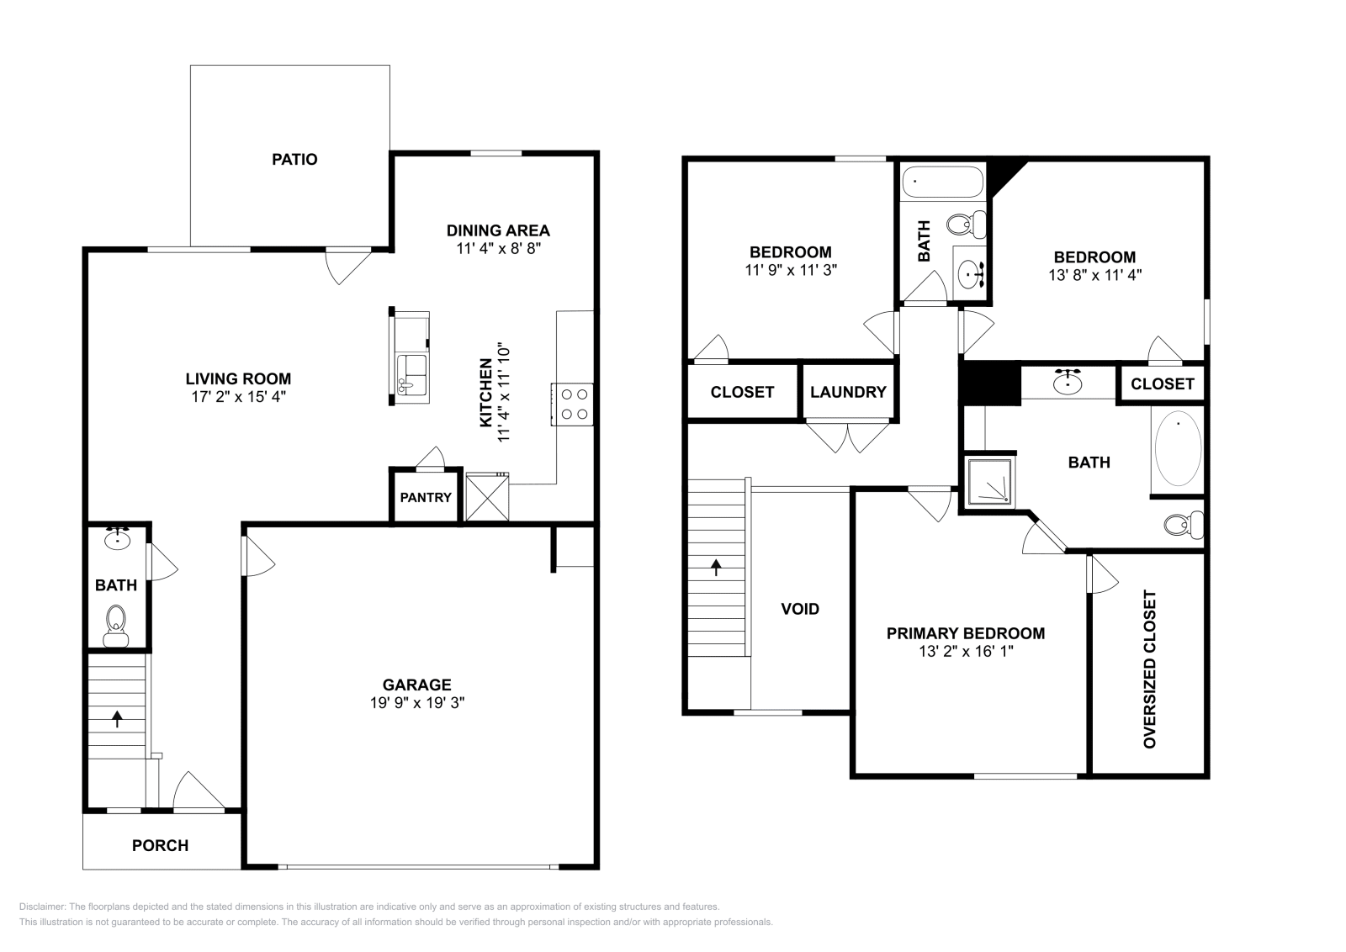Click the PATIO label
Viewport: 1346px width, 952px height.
tap(294, 159)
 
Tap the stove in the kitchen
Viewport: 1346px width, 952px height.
tap(573, 404)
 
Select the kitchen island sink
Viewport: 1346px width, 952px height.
tap(413, 374)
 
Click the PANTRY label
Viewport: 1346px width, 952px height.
tap(426, 497)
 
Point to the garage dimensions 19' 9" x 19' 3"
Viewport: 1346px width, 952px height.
tap(417, 703)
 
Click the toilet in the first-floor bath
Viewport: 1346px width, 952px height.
tap(116, 627)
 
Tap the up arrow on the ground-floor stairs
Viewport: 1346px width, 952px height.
tap(117, 718)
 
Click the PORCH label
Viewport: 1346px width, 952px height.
tap(160, 845)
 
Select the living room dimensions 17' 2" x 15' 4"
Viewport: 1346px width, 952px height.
tap(238, 396)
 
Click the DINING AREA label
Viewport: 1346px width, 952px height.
tap(498, 230)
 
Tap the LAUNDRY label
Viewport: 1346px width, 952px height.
tap(848, 392)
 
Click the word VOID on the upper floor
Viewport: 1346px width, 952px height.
tap(800, 609)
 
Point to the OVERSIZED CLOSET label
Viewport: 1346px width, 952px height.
tap(1150, 669)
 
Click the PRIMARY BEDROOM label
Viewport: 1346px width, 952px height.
tap(966, 633)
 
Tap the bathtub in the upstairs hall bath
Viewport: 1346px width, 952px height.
tap(942, 181)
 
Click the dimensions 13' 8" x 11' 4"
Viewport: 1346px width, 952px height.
tap(1094, 273)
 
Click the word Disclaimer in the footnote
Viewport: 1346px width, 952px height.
tap(40, 907)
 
